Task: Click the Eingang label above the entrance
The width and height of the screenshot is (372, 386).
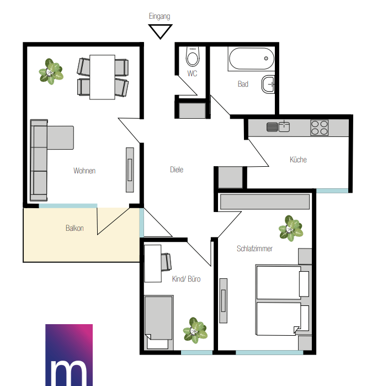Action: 160,17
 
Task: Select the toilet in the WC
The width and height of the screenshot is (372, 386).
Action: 193,57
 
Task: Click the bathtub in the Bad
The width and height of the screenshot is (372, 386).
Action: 251,59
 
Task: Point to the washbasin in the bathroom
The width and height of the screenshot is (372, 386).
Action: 268,84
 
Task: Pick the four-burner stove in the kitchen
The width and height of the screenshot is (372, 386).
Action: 320,128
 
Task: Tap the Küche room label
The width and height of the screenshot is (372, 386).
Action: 298,160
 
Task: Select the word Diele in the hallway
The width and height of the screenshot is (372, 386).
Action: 177,170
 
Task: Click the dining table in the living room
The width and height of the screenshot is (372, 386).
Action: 102,77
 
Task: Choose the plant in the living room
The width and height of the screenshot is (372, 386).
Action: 51,72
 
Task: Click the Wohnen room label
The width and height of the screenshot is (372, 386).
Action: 84,171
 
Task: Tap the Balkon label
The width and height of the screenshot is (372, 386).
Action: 75,228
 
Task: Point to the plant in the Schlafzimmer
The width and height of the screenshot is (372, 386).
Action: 291,228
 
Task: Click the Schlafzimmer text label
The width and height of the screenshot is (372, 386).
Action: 254,248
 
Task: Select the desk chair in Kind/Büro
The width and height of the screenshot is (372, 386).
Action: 166,262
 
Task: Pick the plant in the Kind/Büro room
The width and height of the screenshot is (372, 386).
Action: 195,330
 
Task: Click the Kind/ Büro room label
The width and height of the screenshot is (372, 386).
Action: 186,279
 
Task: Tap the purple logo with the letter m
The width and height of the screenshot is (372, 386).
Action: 69,355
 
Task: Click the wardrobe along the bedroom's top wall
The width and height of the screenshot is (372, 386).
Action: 265,202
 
